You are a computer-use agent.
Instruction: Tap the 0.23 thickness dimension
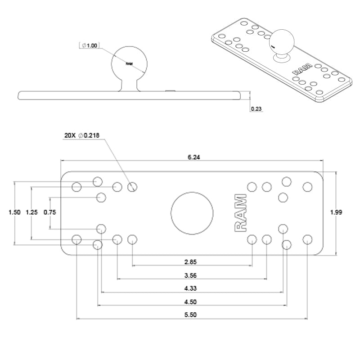point(256,108)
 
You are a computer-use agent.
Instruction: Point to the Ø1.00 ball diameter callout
point(90,45)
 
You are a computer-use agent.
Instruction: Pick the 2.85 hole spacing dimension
point(191,261)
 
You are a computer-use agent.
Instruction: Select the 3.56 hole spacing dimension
point(191,275)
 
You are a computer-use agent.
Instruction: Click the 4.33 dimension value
point(191,288)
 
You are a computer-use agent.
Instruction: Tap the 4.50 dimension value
point(191,302)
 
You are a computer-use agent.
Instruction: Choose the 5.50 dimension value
point(191,315)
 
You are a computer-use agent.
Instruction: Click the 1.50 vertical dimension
point(14,212)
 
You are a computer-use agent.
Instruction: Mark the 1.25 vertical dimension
point(31,212)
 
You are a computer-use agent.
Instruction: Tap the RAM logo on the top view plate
point(240,213)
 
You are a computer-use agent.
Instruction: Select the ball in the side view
point(129,63)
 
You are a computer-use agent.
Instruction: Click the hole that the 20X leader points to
point(132,187)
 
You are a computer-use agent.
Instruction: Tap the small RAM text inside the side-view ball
point(130,64)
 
